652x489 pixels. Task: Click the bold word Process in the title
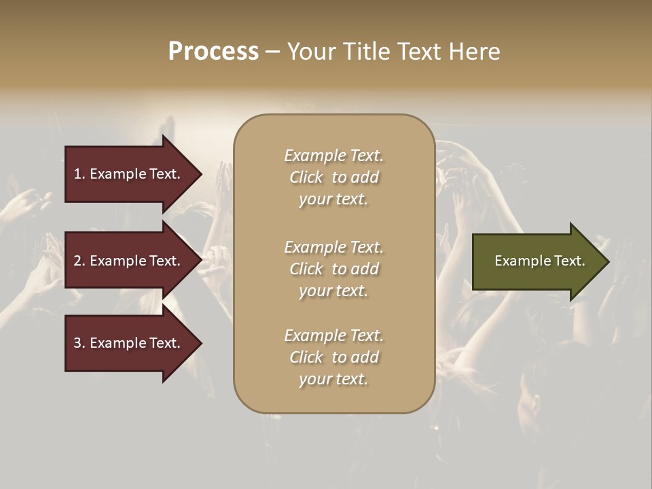(213, 52)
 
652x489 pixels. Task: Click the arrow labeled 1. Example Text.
(127, 174)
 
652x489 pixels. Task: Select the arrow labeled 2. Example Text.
(127, 261)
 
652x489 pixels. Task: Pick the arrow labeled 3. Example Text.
(127, 343)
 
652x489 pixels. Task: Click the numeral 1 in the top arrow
(77, 174)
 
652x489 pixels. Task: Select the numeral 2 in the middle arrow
(77, 261)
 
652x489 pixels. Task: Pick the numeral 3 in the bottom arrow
(77, 343)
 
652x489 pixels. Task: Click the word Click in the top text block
(306, 177)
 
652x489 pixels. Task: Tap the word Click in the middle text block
(306, 269)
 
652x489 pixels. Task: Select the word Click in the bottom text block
(306, 357)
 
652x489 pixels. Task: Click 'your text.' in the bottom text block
(333, 379)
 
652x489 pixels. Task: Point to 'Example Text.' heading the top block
(333, 156)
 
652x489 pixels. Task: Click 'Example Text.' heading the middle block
(333, 247)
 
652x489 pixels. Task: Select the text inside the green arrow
(539, 261)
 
